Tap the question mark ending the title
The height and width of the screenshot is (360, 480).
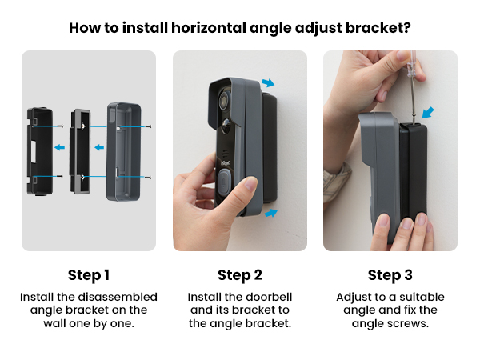[x=407, y=28]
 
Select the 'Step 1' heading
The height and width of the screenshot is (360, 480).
[x=89, y=275]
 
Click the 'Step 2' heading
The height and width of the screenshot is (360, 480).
[x=239, y=275]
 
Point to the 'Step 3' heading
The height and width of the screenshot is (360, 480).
[x=390, y=275]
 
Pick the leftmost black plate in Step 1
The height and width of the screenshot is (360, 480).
[x=40, y=151]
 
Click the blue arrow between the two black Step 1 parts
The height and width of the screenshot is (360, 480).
[x=60, y=147]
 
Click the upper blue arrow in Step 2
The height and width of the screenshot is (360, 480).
[x=268, y=82]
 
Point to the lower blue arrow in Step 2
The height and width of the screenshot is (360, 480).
[x=270, y=213]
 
